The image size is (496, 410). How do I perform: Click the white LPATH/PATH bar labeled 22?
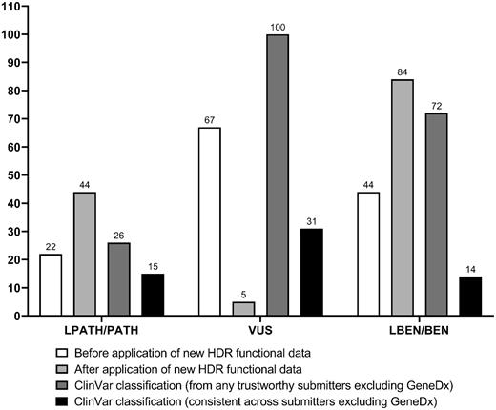tap(51, 284)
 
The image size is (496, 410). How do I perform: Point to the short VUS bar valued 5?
tap(243, 308)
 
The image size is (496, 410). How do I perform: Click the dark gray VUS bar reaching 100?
tap(278, 174)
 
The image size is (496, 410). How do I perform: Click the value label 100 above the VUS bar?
tap(278, 26)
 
